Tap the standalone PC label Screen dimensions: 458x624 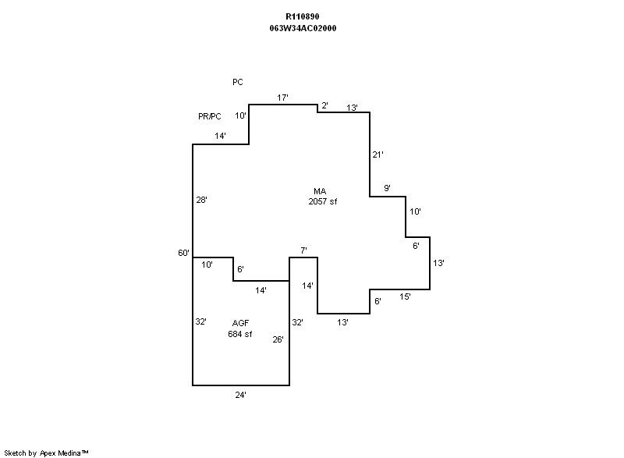point(238,82)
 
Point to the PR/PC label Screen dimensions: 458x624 point(210,116)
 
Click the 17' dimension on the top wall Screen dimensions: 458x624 point(283,98)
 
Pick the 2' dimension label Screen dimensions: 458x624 point(324,105)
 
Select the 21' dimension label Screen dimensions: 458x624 point(378,154)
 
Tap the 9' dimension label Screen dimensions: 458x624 point(387,188)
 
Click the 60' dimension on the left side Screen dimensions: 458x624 point(184,253)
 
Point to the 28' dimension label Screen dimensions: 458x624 point(201,201)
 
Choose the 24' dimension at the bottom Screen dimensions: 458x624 point(241,395)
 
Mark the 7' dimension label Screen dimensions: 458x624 point(303,250)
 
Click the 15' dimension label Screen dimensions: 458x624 point(405,296)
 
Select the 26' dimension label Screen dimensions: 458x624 point(278,339)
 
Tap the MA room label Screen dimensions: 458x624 point(319,191)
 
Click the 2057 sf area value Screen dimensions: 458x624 point(323,201)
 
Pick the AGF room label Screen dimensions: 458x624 point(240,323)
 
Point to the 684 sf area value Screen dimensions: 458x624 point(240,334)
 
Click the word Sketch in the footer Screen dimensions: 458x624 point(16,452)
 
